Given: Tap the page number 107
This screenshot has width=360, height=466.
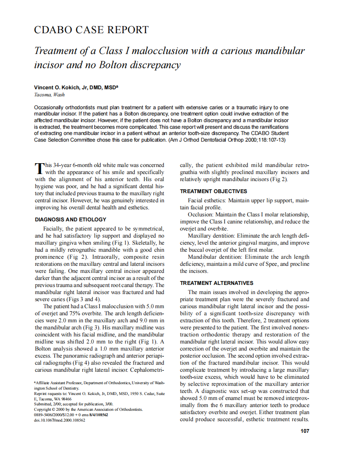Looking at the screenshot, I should point(305,431).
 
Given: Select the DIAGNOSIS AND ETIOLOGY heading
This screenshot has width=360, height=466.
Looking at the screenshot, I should point(70,219).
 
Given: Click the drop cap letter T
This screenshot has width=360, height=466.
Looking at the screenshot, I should point(38,168).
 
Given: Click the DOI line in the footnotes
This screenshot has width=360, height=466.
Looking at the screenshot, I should point(59,420).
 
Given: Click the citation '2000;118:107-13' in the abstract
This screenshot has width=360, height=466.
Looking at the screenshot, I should point(265,140).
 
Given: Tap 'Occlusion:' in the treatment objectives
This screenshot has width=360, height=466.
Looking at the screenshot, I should point(201,215).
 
